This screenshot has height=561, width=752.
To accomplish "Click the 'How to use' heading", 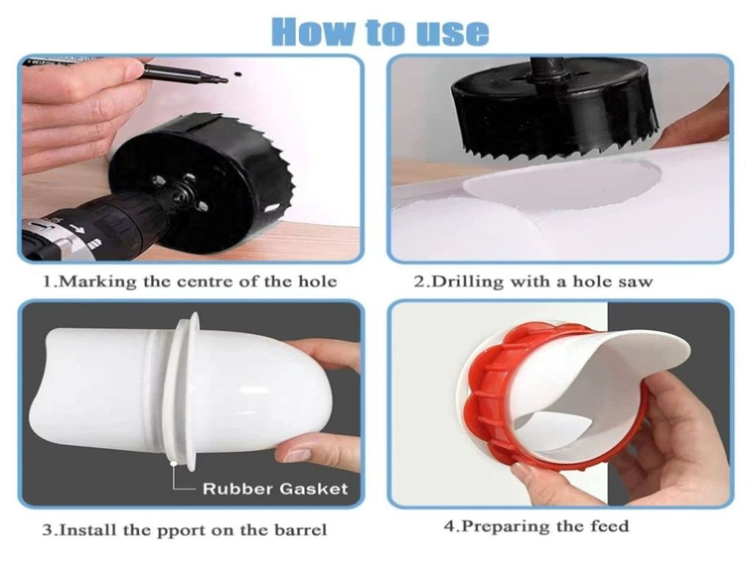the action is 380,32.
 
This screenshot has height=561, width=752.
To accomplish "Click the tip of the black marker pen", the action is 226,81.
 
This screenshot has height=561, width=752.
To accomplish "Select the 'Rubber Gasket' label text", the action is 275,489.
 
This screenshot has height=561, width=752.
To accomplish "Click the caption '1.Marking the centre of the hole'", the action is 190,281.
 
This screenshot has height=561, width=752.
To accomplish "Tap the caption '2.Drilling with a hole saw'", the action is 533,281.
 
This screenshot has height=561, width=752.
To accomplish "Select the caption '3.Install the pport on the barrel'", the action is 184,530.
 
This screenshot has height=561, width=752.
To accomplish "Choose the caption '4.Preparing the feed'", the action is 536,526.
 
